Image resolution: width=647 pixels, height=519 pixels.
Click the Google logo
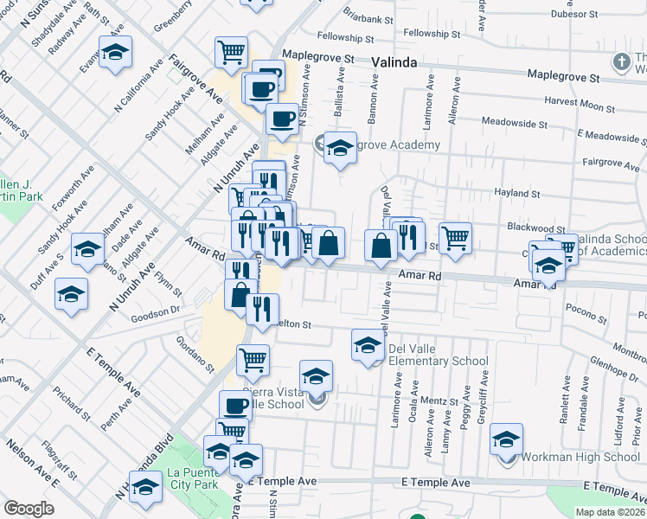(29, 509)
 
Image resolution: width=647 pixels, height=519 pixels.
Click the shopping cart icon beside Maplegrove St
(232, 52)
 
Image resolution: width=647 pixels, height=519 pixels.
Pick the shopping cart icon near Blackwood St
(455, 237)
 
